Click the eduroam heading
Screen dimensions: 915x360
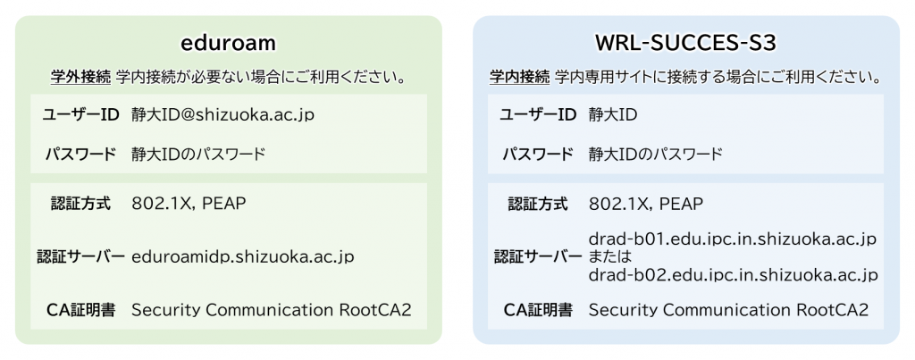click(x=228, y=44)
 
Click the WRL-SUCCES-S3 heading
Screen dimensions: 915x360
click(x=685, y=44)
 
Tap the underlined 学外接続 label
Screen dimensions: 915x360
click(x=80, y=77)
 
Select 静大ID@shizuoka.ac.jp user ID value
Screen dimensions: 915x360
click(x=222, y=115)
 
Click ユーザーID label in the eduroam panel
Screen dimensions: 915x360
click(x=80, y=115)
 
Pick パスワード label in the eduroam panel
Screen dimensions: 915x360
click(x=80, y=155)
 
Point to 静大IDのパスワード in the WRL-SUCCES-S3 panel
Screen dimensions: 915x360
click(x=656, y=155)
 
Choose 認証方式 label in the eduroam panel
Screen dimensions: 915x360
click(x=80, y=204)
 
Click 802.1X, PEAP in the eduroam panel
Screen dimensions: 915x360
click(x=189, y=204)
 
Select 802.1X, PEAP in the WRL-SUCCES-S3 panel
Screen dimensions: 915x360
click(x=646, y=204)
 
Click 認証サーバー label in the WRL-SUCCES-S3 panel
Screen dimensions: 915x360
click(x=538, y=256)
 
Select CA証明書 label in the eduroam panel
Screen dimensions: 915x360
click(x=80, y=310)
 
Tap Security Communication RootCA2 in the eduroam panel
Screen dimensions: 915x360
click(x=272, y=310)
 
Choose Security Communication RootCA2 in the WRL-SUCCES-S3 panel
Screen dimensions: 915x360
click(x=728, y=310)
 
